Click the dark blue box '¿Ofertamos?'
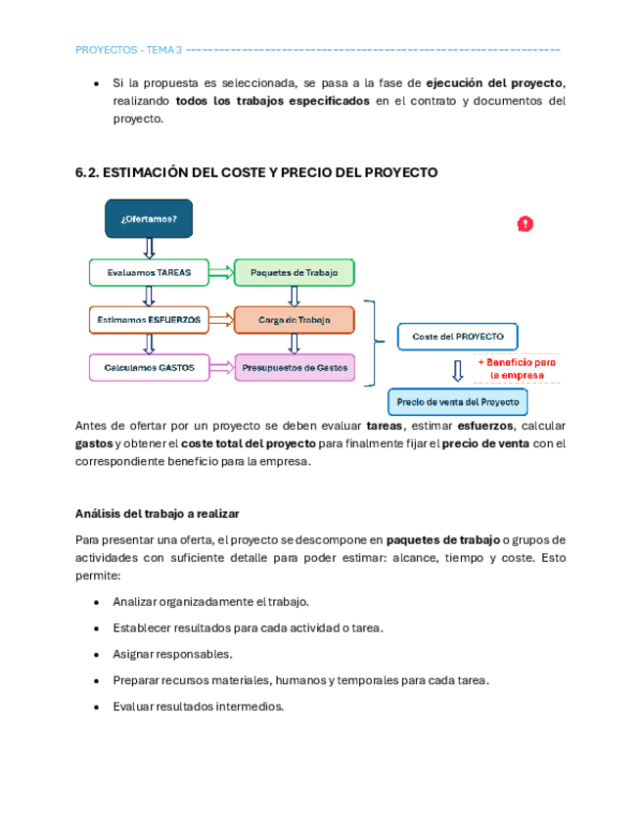(149, 218)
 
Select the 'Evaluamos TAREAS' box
(149, 272)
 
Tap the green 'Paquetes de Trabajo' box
(294, 272)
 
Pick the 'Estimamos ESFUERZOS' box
(149, 320)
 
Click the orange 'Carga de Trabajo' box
(294, 320)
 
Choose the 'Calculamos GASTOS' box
(149, 368)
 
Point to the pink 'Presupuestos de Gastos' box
(294, 368)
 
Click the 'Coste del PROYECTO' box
(457, 337)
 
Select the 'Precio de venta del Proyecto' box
(458, 402)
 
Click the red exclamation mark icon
(526, 224)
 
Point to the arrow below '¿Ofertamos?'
(149, 248)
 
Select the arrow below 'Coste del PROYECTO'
(457, 370)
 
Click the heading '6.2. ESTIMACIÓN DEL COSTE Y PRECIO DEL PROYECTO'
(256, 172)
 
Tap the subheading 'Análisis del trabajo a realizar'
(158, 514)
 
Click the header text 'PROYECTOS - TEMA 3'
(128, 50)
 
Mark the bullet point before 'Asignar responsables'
(96, 654)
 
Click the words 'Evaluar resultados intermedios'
(198, 706)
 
